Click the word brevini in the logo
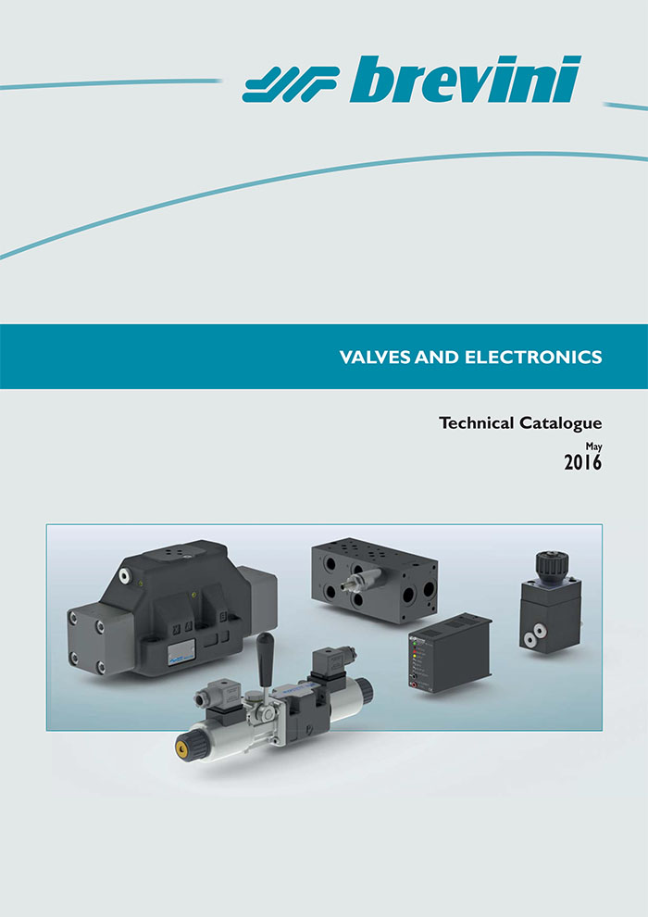[466, 79]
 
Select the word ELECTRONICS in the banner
[533, 357]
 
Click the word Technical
[476, 422]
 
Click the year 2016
[583, 462]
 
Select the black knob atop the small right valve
[552, 564]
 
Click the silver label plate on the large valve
[181, 651]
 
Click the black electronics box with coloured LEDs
[449, 653]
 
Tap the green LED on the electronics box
[415, 644]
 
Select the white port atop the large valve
[124, 575]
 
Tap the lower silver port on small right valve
[530, 640]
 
